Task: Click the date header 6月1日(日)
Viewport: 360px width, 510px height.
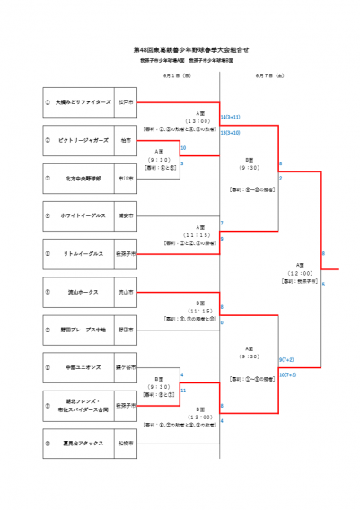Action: [x=177, y=76]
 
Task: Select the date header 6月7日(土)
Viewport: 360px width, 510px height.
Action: [x=269, y=76]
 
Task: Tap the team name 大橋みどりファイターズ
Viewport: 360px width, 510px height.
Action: [x=83, y=102]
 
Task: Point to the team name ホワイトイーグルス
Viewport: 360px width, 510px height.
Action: [x=81, y=215]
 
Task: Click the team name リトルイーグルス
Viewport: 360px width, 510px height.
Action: [x=81, y=254]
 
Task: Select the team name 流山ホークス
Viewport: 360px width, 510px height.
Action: [x=81, y=292]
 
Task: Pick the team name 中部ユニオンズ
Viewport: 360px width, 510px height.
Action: [x=81, y=367]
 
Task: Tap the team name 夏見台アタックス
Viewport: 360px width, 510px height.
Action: [x=81, y=444]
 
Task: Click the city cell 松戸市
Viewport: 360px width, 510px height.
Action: [x=126, y=102]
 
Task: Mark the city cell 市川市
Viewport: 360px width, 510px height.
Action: [x=126, y=179]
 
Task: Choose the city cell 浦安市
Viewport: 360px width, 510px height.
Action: [x=126, y=215]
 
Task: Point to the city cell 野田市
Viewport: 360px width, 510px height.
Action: [x=126, y=330]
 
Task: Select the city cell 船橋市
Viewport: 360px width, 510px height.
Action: [x=126, y=444]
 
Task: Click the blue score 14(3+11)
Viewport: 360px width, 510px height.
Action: [x=231, y=117]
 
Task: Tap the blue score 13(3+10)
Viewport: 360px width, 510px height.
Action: [x=231, y=133]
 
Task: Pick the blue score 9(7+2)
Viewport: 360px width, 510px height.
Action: [x=287, y=359]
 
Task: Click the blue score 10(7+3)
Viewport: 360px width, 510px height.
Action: [x=287, y=374]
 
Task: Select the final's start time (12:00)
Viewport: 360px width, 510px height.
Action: [x=300, y=273]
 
